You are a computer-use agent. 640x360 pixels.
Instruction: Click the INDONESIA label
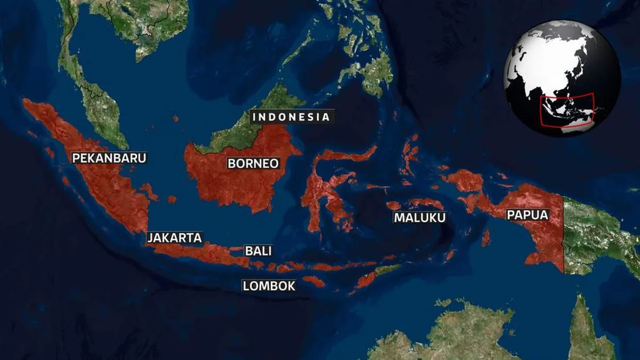[x=291, y=117]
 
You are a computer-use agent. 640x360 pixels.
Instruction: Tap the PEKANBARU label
[x=109, y=158]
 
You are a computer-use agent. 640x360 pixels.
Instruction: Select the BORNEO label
[x=253, y=163]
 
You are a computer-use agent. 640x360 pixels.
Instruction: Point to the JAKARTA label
[x=175, y=238]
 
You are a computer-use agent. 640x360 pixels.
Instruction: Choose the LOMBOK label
[x=269, y=286]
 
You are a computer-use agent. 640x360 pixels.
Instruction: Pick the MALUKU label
[x=420, y=218]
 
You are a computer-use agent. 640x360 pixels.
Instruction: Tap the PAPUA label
[x=527, y=215]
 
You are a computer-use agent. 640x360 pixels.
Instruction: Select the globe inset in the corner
[x=562, y=78]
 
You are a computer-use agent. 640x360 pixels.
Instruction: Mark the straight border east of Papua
[x=564, y=235]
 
